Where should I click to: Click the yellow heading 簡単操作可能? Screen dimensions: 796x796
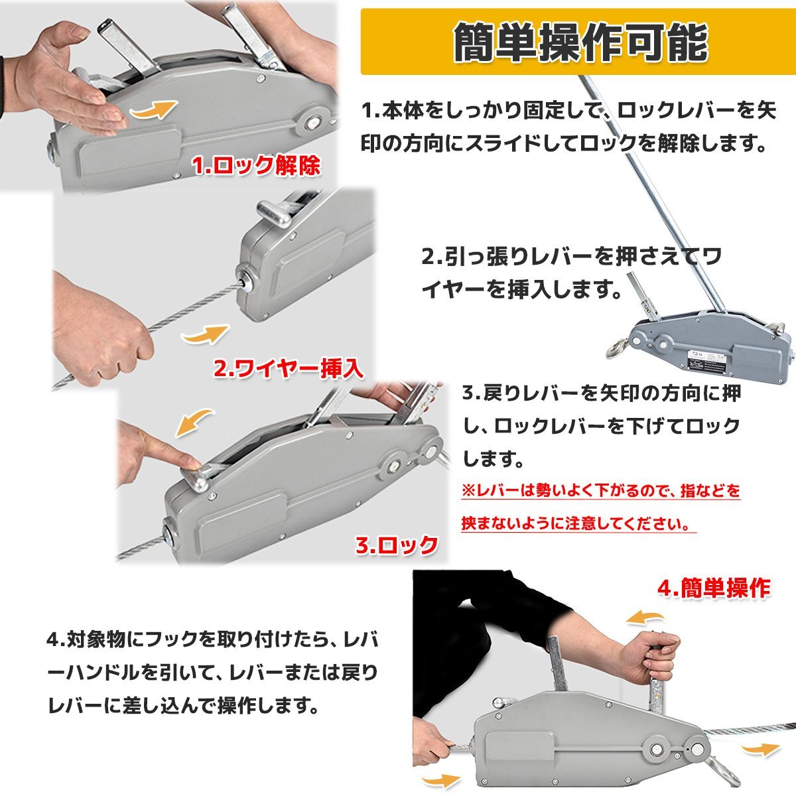(x=581, y=42)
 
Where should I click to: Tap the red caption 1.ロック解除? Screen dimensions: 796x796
(x=256, y=166)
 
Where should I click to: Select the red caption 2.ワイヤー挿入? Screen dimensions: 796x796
(x=289, y=369)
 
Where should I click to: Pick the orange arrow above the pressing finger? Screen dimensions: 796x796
(x=194, y=422)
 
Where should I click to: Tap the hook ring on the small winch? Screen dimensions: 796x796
(x=616, y=348)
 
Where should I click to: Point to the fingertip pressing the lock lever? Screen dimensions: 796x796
(x=194, y=462)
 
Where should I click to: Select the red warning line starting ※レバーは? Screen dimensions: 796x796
(x=600, y=492)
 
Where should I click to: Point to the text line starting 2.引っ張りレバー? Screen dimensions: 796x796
(x=572, y=257)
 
